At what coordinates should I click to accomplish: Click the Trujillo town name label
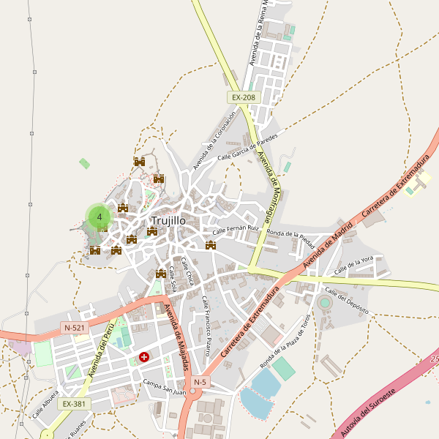tap(168, 220)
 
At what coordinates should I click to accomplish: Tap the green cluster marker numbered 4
tap(99, 217)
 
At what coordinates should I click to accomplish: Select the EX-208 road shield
tap(244, 97)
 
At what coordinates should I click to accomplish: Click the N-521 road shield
tap(75, 328)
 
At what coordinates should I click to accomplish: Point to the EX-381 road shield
tap(74, 403)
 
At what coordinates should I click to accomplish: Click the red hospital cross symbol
tap(144, 358)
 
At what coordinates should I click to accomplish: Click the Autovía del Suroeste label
tap(369, 413)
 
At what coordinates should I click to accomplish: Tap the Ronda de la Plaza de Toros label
tap(286, 342)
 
